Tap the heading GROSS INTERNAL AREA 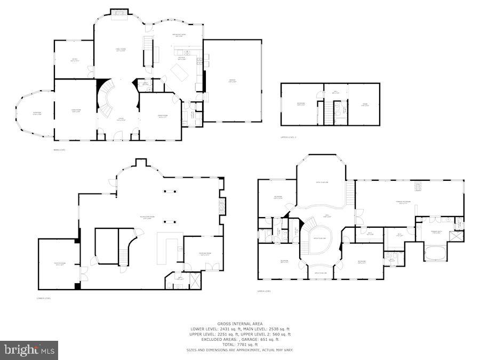click(239, 324)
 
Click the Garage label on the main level click(232, 82)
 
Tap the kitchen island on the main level click(179, 72)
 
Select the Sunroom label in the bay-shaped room click(37, 114)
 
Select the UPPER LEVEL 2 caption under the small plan click(289, 137)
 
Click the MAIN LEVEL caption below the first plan click(59, 150)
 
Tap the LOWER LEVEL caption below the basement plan click(44, 298)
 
